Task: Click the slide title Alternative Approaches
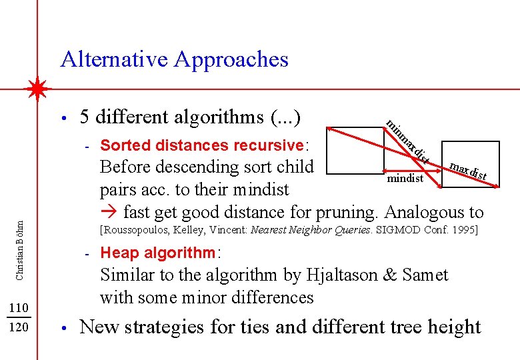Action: click(174, 59)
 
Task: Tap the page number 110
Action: click(20, 307)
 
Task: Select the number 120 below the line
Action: click(20, 328)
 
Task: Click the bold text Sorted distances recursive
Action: click(201, 145)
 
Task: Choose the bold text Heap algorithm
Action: click(158, 253)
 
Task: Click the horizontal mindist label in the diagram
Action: click(405, 179)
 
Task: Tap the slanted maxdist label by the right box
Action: click(468, 171)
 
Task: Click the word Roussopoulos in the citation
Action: click(137, 230)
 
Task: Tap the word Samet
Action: click(424, 275)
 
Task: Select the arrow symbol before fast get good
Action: click(109, 213)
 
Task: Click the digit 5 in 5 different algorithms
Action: click(85, 117)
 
